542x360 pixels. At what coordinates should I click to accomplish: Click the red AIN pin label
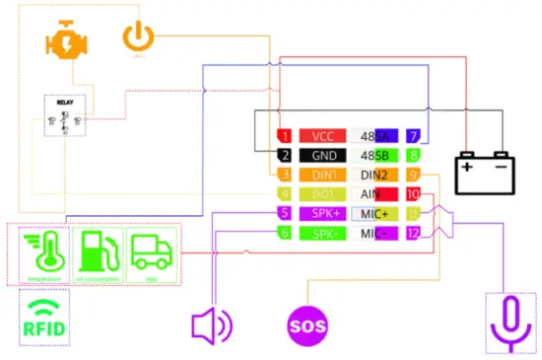375,193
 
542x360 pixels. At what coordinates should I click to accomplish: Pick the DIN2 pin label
375,174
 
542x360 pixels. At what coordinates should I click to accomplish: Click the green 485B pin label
375,155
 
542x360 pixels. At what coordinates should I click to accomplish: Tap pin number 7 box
414,136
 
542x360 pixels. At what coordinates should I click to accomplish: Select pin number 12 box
414,233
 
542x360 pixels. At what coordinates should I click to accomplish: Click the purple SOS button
306,324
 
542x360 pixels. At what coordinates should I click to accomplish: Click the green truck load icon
154,252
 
